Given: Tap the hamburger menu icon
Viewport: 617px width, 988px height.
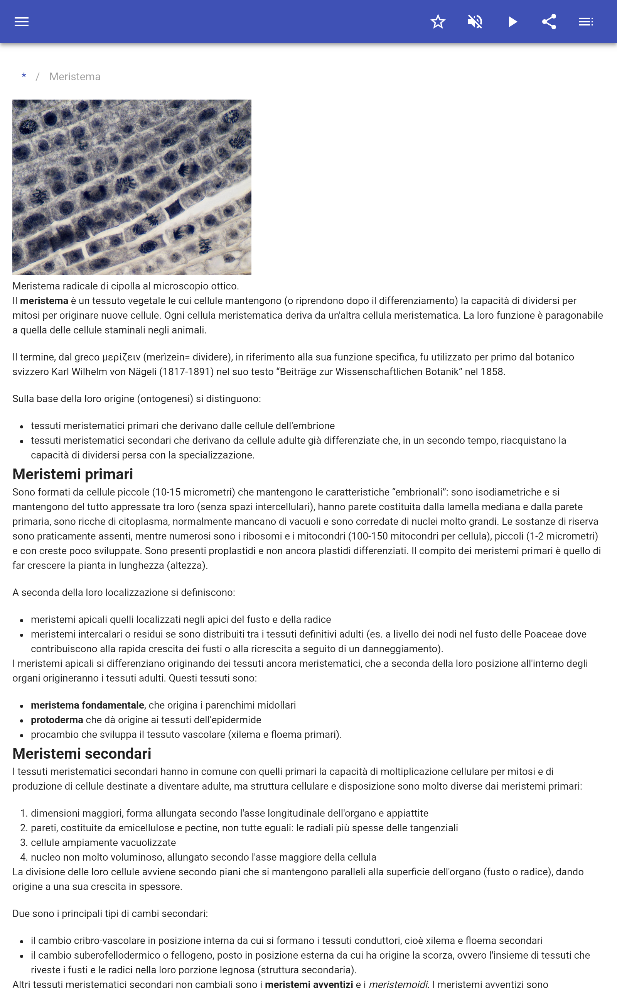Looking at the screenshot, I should tap(22, 22).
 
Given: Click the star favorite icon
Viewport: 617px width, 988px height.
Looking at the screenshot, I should tap(438, 22).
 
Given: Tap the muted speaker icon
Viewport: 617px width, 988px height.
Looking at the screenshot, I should tap(475, 22).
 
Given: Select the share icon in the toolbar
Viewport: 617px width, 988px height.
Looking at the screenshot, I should tap(549, 22).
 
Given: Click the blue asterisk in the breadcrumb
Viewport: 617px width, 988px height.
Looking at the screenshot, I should tap(24, 76).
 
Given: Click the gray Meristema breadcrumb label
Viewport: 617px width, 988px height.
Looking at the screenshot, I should tap(75, 77).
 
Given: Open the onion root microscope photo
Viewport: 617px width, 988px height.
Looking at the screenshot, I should tap(132, 187).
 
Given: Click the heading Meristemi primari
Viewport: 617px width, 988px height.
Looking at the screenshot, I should tap(72, 474).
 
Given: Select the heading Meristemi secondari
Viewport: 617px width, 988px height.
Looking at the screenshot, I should tap(82, 754).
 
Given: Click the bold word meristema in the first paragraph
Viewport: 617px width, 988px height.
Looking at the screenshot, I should tap(44, 301).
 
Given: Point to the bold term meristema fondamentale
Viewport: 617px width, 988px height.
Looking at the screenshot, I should tap(87, 705).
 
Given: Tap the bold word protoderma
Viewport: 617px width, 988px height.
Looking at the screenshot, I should tap(57, 720).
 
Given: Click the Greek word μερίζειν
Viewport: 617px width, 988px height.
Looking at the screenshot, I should tap(121, 357).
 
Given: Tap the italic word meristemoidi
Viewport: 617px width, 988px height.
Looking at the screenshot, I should tap(398, 984).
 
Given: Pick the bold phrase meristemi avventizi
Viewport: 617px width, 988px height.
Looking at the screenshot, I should tap(309, 984).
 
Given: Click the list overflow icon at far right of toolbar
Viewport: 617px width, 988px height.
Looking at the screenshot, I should tap(586, 22).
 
